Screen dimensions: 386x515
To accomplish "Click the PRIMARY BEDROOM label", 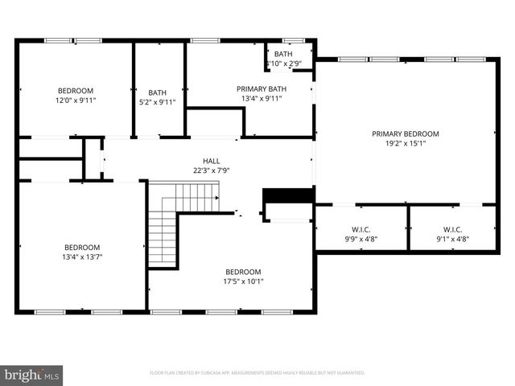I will coord(405,133).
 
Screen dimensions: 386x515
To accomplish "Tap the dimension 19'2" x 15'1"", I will coord(405,146).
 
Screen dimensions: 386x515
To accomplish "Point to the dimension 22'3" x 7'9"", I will coord(212,170).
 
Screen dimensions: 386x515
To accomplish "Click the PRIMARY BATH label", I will coord(262,88).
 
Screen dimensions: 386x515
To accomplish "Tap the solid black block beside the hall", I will coord(287,197).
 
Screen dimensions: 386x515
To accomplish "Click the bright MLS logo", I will coord(32,374).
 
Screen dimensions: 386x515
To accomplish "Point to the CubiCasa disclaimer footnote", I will coord(257,373).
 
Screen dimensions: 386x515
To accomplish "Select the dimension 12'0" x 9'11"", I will coord(76,101).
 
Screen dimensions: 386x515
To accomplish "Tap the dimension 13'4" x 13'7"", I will coord(82,257).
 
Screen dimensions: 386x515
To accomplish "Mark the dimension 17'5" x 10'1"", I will coord(243,281).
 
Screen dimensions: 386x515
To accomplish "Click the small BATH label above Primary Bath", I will coord(283,53).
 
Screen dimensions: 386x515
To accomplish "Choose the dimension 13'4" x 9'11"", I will coord(262,99).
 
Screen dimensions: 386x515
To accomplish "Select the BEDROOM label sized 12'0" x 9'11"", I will coord(76,90).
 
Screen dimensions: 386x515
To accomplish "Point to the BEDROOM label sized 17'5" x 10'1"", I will coord(243,271).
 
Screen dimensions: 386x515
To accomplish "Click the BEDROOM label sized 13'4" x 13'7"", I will coord(82,247).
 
